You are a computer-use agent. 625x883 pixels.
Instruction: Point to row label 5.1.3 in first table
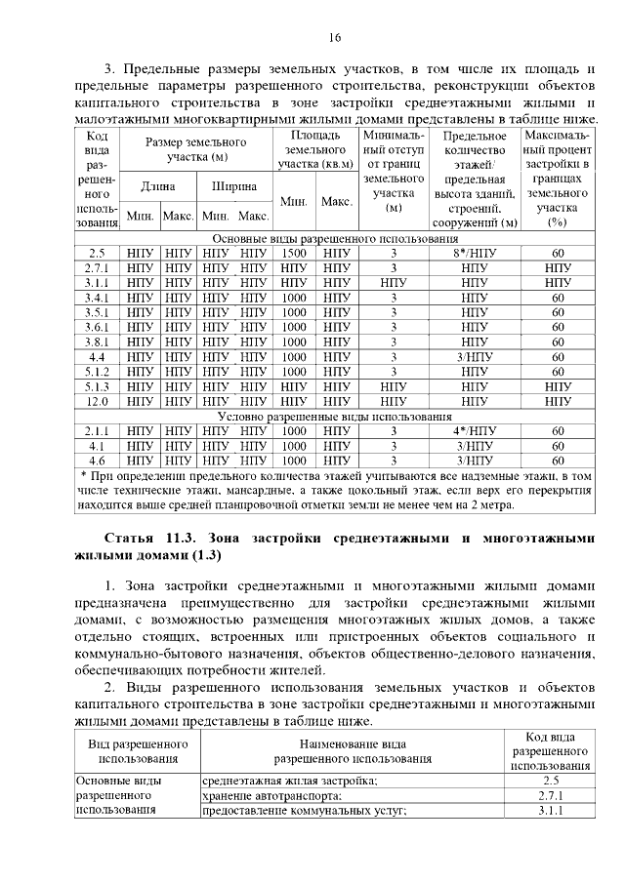(97, 386)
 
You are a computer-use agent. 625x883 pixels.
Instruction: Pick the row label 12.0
(97, 401)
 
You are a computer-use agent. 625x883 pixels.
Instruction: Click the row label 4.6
(97, 461)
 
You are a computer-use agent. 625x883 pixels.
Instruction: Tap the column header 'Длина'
(158, 185)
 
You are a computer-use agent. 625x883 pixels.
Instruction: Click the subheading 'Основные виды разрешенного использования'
(335, 238)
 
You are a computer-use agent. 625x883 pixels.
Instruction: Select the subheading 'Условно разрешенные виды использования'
(335, 416)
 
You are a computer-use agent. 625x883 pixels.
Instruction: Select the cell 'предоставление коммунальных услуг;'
(303, 812)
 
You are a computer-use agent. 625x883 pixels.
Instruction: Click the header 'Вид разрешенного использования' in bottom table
(137, 749)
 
